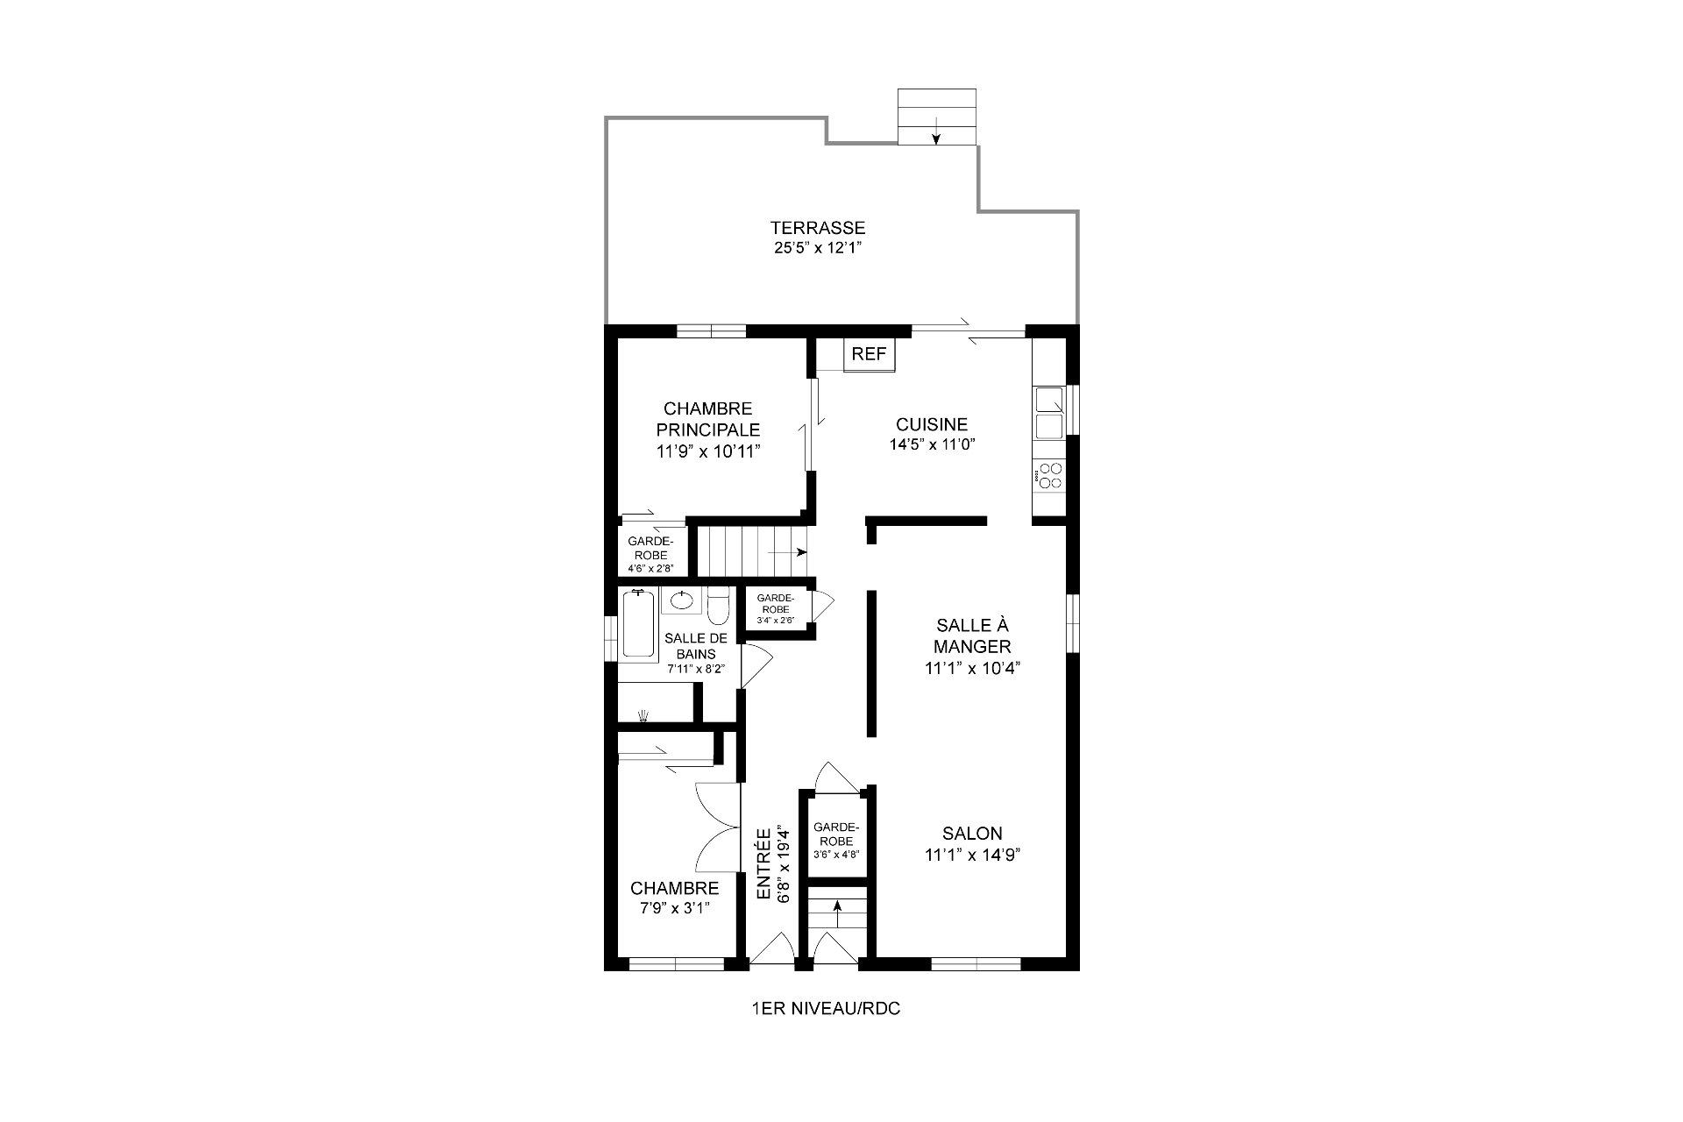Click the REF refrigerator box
click(870, 354)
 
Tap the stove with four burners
click(1048, 477)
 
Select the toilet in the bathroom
click(717, 604)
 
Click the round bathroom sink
click(681, 600)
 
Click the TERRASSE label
click(818, 228)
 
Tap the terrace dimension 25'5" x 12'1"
click(818, 248)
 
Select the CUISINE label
click(932, 424)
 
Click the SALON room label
click(972, 834)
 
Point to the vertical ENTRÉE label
click(763, 863)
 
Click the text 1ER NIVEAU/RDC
click(826, 1009)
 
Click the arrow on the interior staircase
click(788, 552)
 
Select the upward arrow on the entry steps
click(837, 916)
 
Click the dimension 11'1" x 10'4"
click(972, 667)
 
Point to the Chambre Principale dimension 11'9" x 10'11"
click(708, 451)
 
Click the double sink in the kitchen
click(1050, 412)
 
